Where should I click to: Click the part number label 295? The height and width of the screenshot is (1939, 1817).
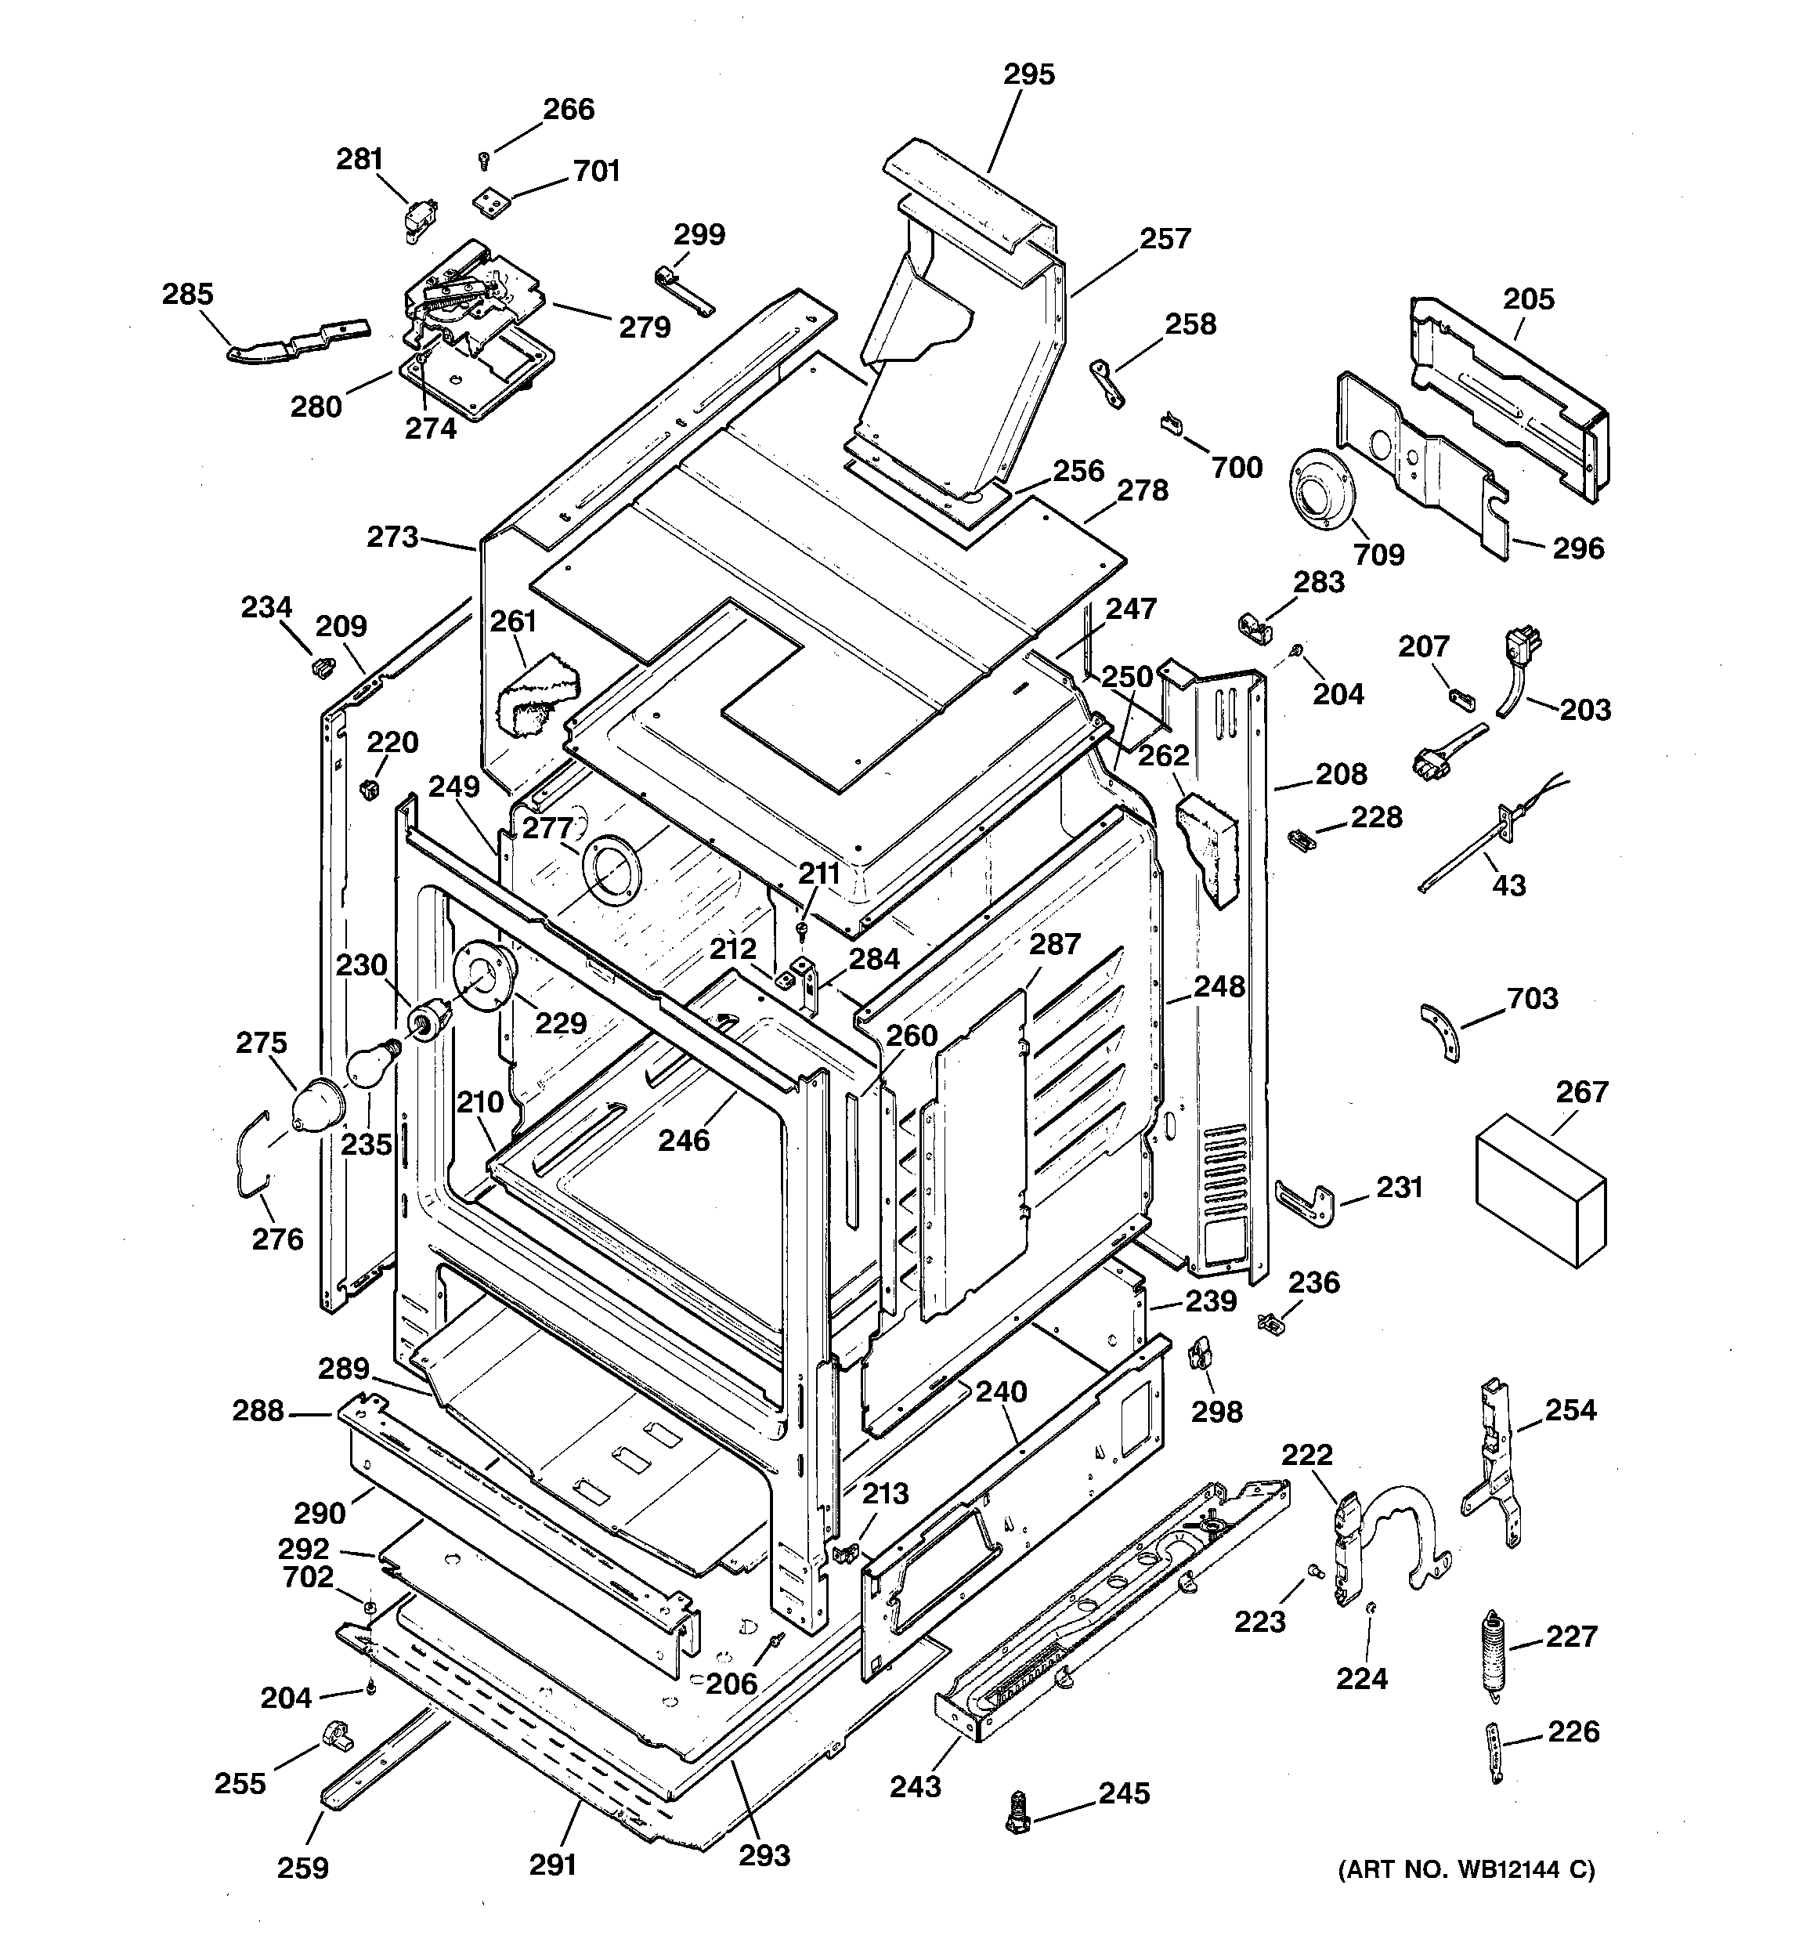click(x=1029, y=74)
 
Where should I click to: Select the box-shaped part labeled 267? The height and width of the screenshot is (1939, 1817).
click(x=1541, y=1190)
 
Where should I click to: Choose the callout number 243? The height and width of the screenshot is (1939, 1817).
click(x=915, y=1786)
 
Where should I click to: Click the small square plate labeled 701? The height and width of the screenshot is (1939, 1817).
click(x=493, y=203)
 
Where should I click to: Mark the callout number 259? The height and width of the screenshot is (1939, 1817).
click(x=302, y=1868)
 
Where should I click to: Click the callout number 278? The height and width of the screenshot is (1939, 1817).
click(x=1142, y=490)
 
